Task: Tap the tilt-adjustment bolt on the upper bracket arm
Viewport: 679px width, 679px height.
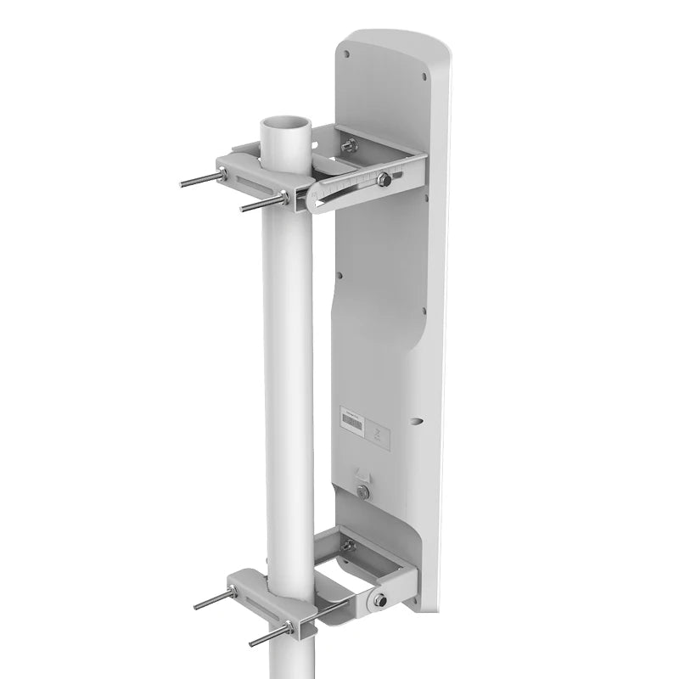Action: click(x=384, y=179)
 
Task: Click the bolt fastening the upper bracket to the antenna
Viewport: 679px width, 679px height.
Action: click(x=350, y=146)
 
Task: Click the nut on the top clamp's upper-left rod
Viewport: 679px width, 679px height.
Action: click(x=222, y=174)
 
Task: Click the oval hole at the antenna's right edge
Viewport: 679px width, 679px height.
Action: click(x=415, y=418)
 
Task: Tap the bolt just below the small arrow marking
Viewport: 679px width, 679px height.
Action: click(x=363, y=492)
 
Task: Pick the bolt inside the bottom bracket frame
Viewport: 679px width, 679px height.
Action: click(x=347, y=546)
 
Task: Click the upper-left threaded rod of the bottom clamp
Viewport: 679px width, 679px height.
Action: click(x=212, y=599)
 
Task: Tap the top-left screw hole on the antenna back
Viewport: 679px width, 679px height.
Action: click(x=347, y=53)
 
